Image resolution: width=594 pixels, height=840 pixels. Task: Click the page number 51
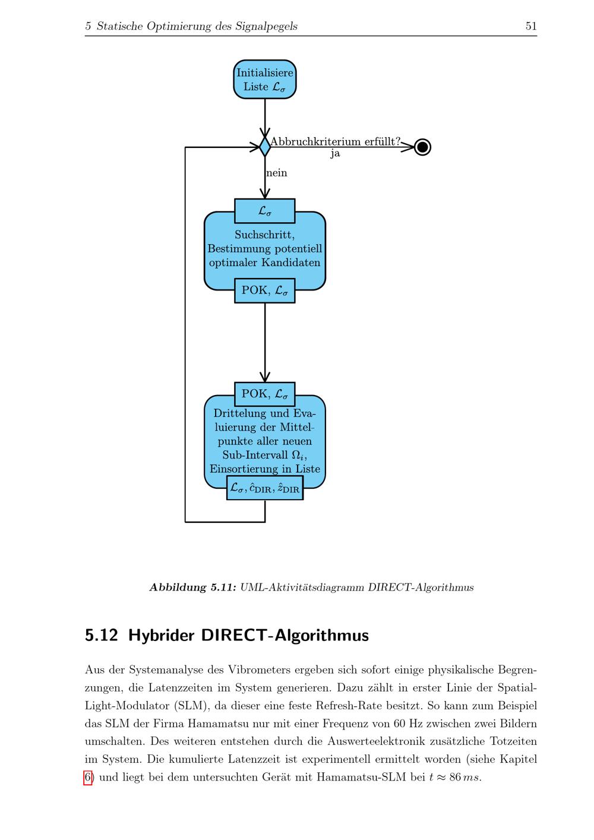pos(531,26)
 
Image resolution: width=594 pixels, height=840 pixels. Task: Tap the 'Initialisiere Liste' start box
pos(265,80)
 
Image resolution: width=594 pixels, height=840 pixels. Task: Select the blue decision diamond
pos(265,147)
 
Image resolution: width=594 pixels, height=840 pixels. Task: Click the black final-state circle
pos(422,147)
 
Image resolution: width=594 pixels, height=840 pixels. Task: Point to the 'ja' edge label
pos(335,154)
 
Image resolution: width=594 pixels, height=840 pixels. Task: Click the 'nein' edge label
pos(277,173)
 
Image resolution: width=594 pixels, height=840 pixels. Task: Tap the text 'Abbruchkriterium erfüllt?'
pos(335,141)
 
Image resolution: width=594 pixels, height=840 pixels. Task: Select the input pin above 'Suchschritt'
pos(265,211)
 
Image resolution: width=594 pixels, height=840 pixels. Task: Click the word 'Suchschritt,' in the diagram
pos(265,235)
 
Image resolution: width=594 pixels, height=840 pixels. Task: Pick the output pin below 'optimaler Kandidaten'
pos(265,290)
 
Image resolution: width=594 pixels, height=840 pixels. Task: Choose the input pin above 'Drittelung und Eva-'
pos(265,394)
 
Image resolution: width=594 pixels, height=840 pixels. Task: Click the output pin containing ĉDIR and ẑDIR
pos(265,488)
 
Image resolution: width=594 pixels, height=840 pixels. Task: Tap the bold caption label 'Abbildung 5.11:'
pos(192,588)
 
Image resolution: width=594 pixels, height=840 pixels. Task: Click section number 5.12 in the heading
pos(101,635)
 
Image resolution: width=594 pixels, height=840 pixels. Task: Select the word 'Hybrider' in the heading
pos(160,636)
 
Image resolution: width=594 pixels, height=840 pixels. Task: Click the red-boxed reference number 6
pos(88,778)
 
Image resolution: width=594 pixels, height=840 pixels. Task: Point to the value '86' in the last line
pos(455,777)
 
